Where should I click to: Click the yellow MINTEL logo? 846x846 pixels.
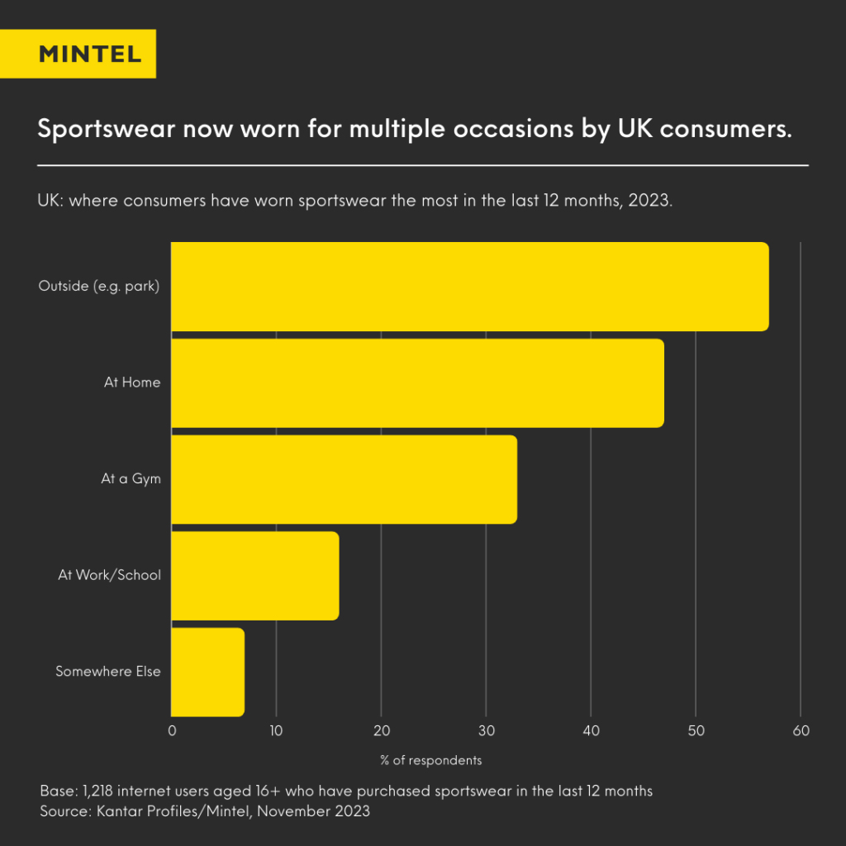click(90, 55)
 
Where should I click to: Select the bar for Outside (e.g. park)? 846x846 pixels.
click(469, 287)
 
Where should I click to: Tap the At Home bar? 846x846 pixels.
click(417, 383)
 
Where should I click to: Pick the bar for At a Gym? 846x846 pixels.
click(344, 479)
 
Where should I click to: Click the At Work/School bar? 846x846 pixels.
click(254, 576)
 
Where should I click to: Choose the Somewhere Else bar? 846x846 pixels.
click(207, 672)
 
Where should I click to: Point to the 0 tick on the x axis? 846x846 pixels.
click(172, 731)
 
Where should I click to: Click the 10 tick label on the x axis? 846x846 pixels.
click(276, 731)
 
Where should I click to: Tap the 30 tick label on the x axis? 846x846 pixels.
click(486, 731)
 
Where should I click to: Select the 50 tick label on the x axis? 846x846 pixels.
click(696, 731)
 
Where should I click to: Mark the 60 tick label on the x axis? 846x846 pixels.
click(801, 731)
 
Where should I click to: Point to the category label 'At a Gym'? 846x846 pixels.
click(131, 479)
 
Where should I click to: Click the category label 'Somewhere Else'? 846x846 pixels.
click(107, 672)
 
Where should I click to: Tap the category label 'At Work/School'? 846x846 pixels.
click(109, 576)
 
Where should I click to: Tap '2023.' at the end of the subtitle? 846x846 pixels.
click(650, 202)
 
